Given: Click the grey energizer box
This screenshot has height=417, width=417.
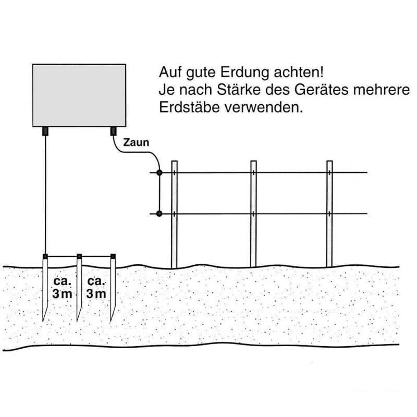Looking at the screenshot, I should click(x=79, y=94).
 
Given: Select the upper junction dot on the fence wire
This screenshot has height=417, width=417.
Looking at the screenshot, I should click(x=160, y=173).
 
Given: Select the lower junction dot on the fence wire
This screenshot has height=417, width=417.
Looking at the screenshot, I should click(x=160, y=213).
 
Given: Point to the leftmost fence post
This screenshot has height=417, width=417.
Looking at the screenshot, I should click(x=175, y=214).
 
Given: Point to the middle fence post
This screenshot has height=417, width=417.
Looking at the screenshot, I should click(x=253, y=214).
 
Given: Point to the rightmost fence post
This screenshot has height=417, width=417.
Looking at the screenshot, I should click(x=329, y=214).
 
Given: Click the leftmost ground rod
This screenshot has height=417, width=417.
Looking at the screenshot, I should click(x=46, y=287).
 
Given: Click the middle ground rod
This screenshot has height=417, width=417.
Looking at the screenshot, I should click(x=80, y=287).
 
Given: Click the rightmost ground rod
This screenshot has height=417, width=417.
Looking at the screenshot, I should click(x=113, y=287).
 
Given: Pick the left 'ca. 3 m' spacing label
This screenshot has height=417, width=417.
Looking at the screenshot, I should click(x=63, y=287).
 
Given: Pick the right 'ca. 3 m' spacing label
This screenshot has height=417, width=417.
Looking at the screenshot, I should click(x=96, y=287).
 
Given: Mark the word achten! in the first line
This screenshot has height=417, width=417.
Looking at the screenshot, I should click(x=303, y=71).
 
